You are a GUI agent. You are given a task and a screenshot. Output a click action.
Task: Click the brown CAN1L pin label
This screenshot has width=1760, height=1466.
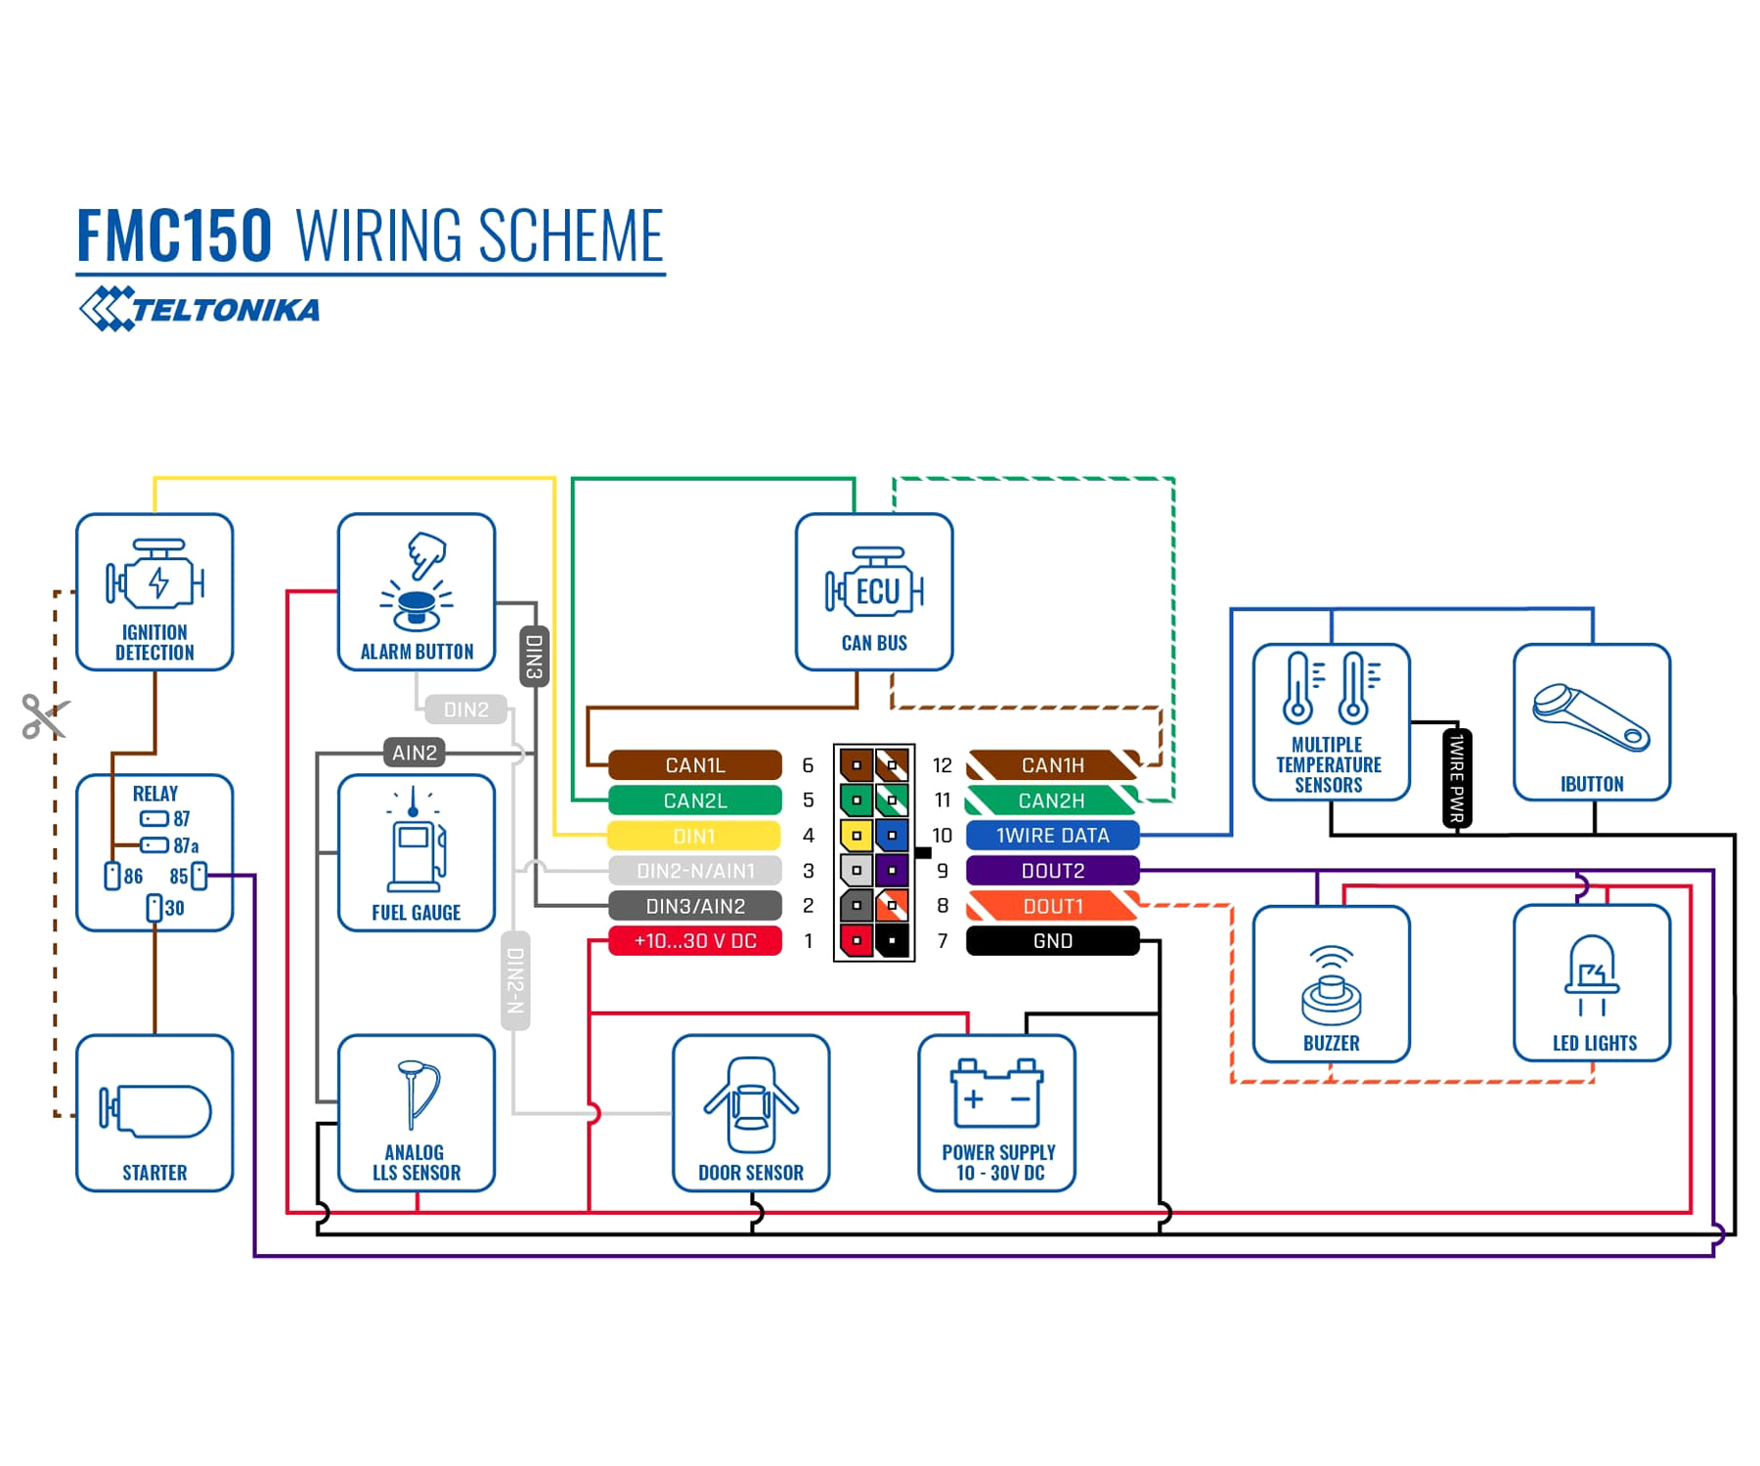694,764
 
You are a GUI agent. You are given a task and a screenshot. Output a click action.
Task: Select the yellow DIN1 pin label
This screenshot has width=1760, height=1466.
694,836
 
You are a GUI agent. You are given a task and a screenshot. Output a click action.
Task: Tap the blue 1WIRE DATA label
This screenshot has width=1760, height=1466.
1052,836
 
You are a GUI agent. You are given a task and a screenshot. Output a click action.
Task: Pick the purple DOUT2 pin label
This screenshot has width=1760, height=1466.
1052,870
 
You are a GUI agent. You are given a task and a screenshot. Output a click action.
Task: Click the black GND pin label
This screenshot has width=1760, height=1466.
1052,940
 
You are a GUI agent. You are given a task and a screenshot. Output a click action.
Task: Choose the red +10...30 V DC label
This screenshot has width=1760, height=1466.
694,940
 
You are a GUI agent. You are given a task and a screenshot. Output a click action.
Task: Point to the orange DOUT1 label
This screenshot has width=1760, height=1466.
1052,906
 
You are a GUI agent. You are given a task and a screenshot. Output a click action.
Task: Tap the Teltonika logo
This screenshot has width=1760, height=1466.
199,309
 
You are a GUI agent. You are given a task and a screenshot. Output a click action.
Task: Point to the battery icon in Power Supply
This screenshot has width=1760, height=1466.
997,1093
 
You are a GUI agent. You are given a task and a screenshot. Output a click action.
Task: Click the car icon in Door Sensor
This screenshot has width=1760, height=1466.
751,1104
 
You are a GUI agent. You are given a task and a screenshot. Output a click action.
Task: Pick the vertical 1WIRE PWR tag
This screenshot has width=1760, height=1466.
1457,779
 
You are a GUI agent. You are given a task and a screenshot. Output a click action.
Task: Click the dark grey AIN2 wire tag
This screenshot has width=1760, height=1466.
415,753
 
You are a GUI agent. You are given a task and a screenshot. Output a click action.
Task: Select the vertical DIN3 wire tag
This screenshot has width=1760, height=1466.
534,657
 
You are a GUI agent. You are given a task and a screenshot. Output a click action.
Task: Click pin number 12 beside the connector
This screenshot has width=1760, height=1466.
943,765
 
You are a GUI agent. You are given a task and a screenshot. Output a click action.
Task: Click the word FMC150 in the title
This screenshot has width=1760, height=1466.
174,236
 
